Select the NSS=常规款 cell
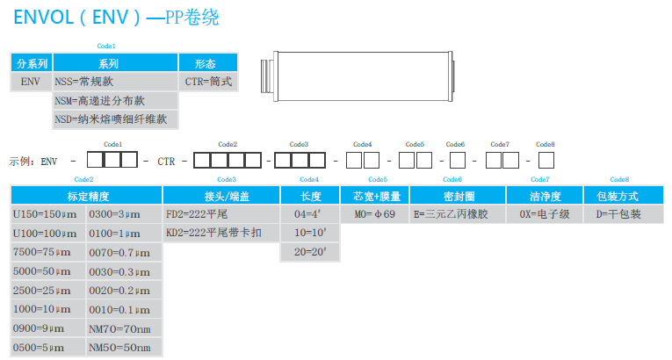point(114,82)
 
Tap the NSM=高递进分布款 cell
point(114,100)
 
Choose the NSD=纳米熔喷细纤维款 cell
point(114,119)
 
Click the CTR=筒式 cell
point(208,82)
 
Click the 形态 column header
point(206,63)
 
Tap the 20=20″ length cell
point(309,252)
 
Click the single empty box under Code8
point(545,161)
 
